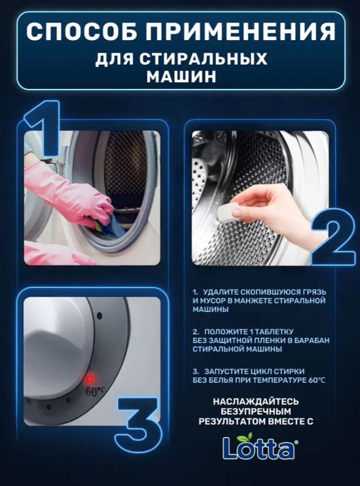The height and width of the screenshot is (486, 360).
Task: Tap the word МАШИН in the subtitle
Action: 181,77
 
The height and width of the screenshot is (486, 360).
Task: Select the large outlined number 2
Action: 333,237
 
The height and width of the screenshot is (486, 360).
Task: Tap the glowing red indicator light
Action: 90,378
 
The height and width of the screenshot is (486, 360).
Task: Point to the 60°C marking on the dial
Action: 95,391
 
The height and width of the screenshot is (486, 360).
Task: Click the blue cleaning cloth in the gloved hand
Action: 110,226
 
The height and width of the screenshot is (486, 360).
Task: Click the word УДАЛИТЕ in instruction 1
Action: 221,292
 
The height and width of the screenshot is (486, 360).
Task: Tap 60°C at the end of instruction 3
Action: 317,380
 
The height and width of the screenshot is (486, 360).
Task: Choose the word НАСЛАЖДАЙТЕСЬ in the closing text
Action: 256,402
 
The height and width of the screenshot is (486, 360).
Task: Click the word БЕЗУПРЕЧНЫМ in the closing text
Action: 256,412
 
